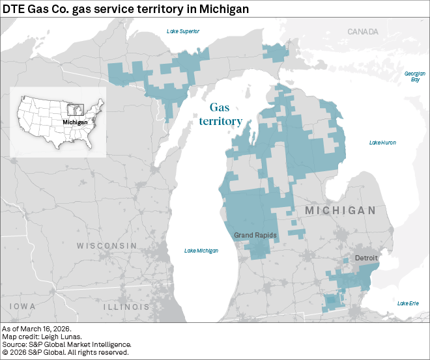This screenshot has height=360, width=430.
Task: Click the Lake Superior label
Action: point(183,31)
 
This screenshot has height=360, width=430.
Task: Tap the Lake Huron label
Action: point(382,143)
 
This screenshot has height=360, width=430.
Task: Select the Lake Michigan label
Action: point(201,251)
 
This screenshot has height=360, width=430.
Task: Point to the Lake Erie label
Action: point(408,303)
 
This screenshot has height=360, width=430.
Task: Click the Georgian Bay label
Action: point(415,76)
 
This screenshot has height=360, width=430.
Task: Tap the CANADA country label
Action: point(362,31)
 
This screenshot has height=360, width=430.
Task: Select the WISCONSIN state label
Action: point(107,246)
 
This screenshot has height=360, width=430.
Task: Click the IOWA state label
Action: point(23,306)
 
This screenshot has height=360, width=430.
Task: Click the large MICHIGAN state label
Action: point(340,211)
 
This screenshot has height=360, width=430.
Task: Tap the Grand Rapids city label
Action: point(256,235)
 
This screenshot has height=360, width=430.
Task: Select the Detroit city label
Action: point(366,258)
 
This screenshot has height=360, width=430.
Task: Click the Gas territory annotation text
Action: point(221,115)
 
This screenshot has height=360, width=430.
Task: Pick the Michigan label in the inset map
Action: point(75,122)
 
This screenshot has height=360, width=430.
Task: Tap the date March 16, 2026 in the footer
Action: point(48,329)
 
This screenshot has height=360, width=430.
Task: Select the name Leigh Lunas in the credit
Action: point(55,337)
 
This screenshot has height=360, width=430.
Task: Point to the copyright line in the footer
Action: point(65,352)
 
